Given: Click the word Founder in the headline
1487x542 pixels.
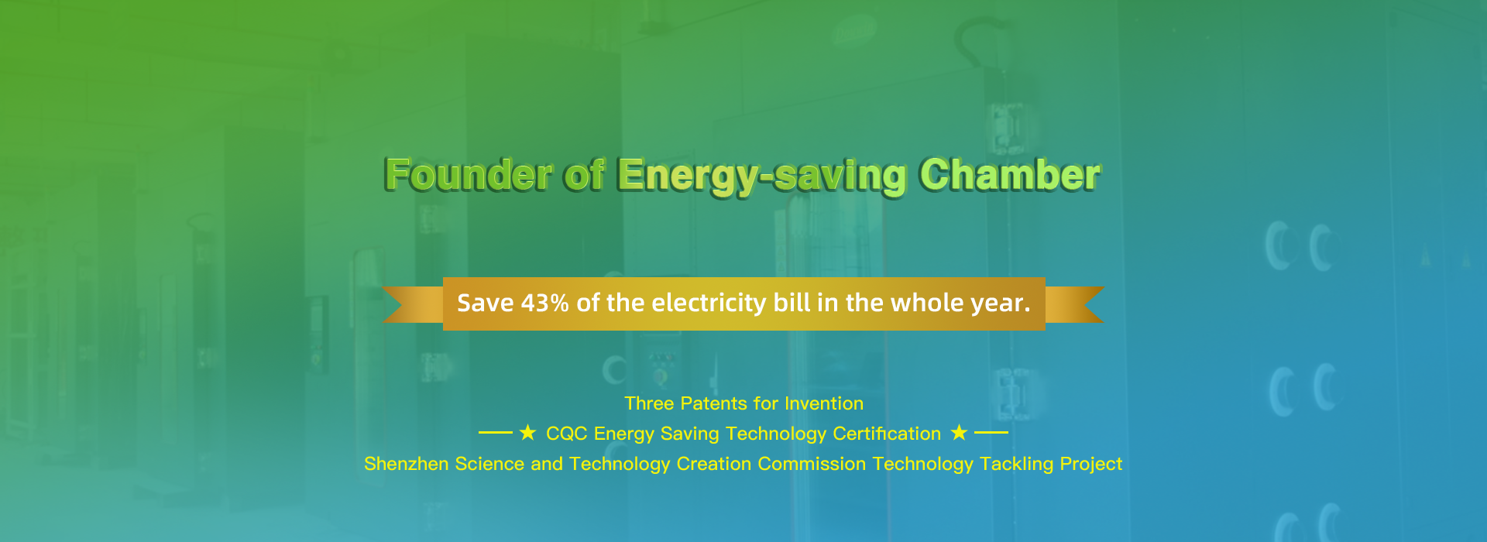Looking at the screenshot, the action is pos(469,174).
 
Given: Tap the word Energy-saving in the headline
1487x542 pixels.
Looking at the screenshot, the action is pos(762,177).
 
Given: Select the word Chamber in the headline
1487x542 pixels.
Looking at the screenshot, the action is pos(1010,174).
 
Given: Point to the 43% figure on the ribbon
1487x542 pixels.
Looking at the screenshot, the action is pos(545,303).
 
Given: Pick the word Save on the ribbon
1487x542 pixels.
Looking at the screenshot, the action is pos(486,303).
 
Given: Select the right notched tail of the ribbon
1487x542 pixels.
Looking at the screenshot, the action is pos(1073,304).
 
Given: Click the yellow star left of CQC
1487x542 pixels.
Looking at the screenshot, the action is pos(527,432).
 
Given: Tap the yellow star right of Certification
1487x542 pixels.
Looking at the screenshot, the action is pos(959,432).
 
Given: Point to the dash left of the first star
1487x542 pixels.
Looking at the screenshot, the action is pos(496,433).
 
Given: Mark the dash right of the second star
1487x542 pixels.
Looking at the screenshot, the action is pos(991,433).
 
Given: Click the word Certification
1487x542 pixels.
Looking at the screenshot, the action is pos(887,434).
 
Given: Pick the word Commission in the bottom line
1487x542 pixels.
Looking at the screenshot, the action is pos(812,464).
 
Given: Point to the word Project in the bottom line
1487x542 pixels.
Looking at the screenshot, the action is pos(1091,465).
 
